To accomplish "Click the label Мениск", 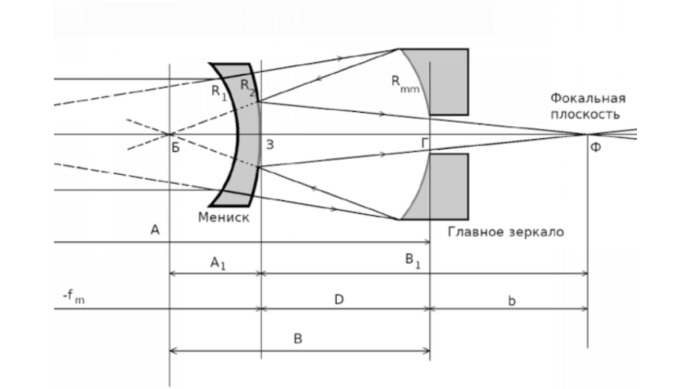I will tap(223, 217).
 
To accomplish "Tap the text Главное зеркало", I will tap(506, 232).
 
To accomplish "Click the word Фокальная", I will tap(588, 98).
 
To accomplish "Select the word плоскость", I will tap(586, 115).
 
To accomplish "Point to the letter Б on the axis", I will tap(175, 147).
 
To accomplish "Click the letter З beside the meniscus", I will tap(270, 145).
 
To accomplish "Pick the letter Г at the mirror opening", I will tap(425, 143).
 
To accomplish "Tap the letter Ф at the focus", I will tap(596, 147).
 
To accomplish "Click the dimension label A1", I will tap(218, 264).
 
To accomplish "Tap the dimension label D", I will tap(339, 299).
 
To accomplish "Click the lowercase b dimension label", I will tap(511, 301).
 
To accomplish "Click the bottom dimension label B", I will tap(298, 339).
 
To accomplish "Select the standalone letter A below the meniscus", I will tap(155, 230).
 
